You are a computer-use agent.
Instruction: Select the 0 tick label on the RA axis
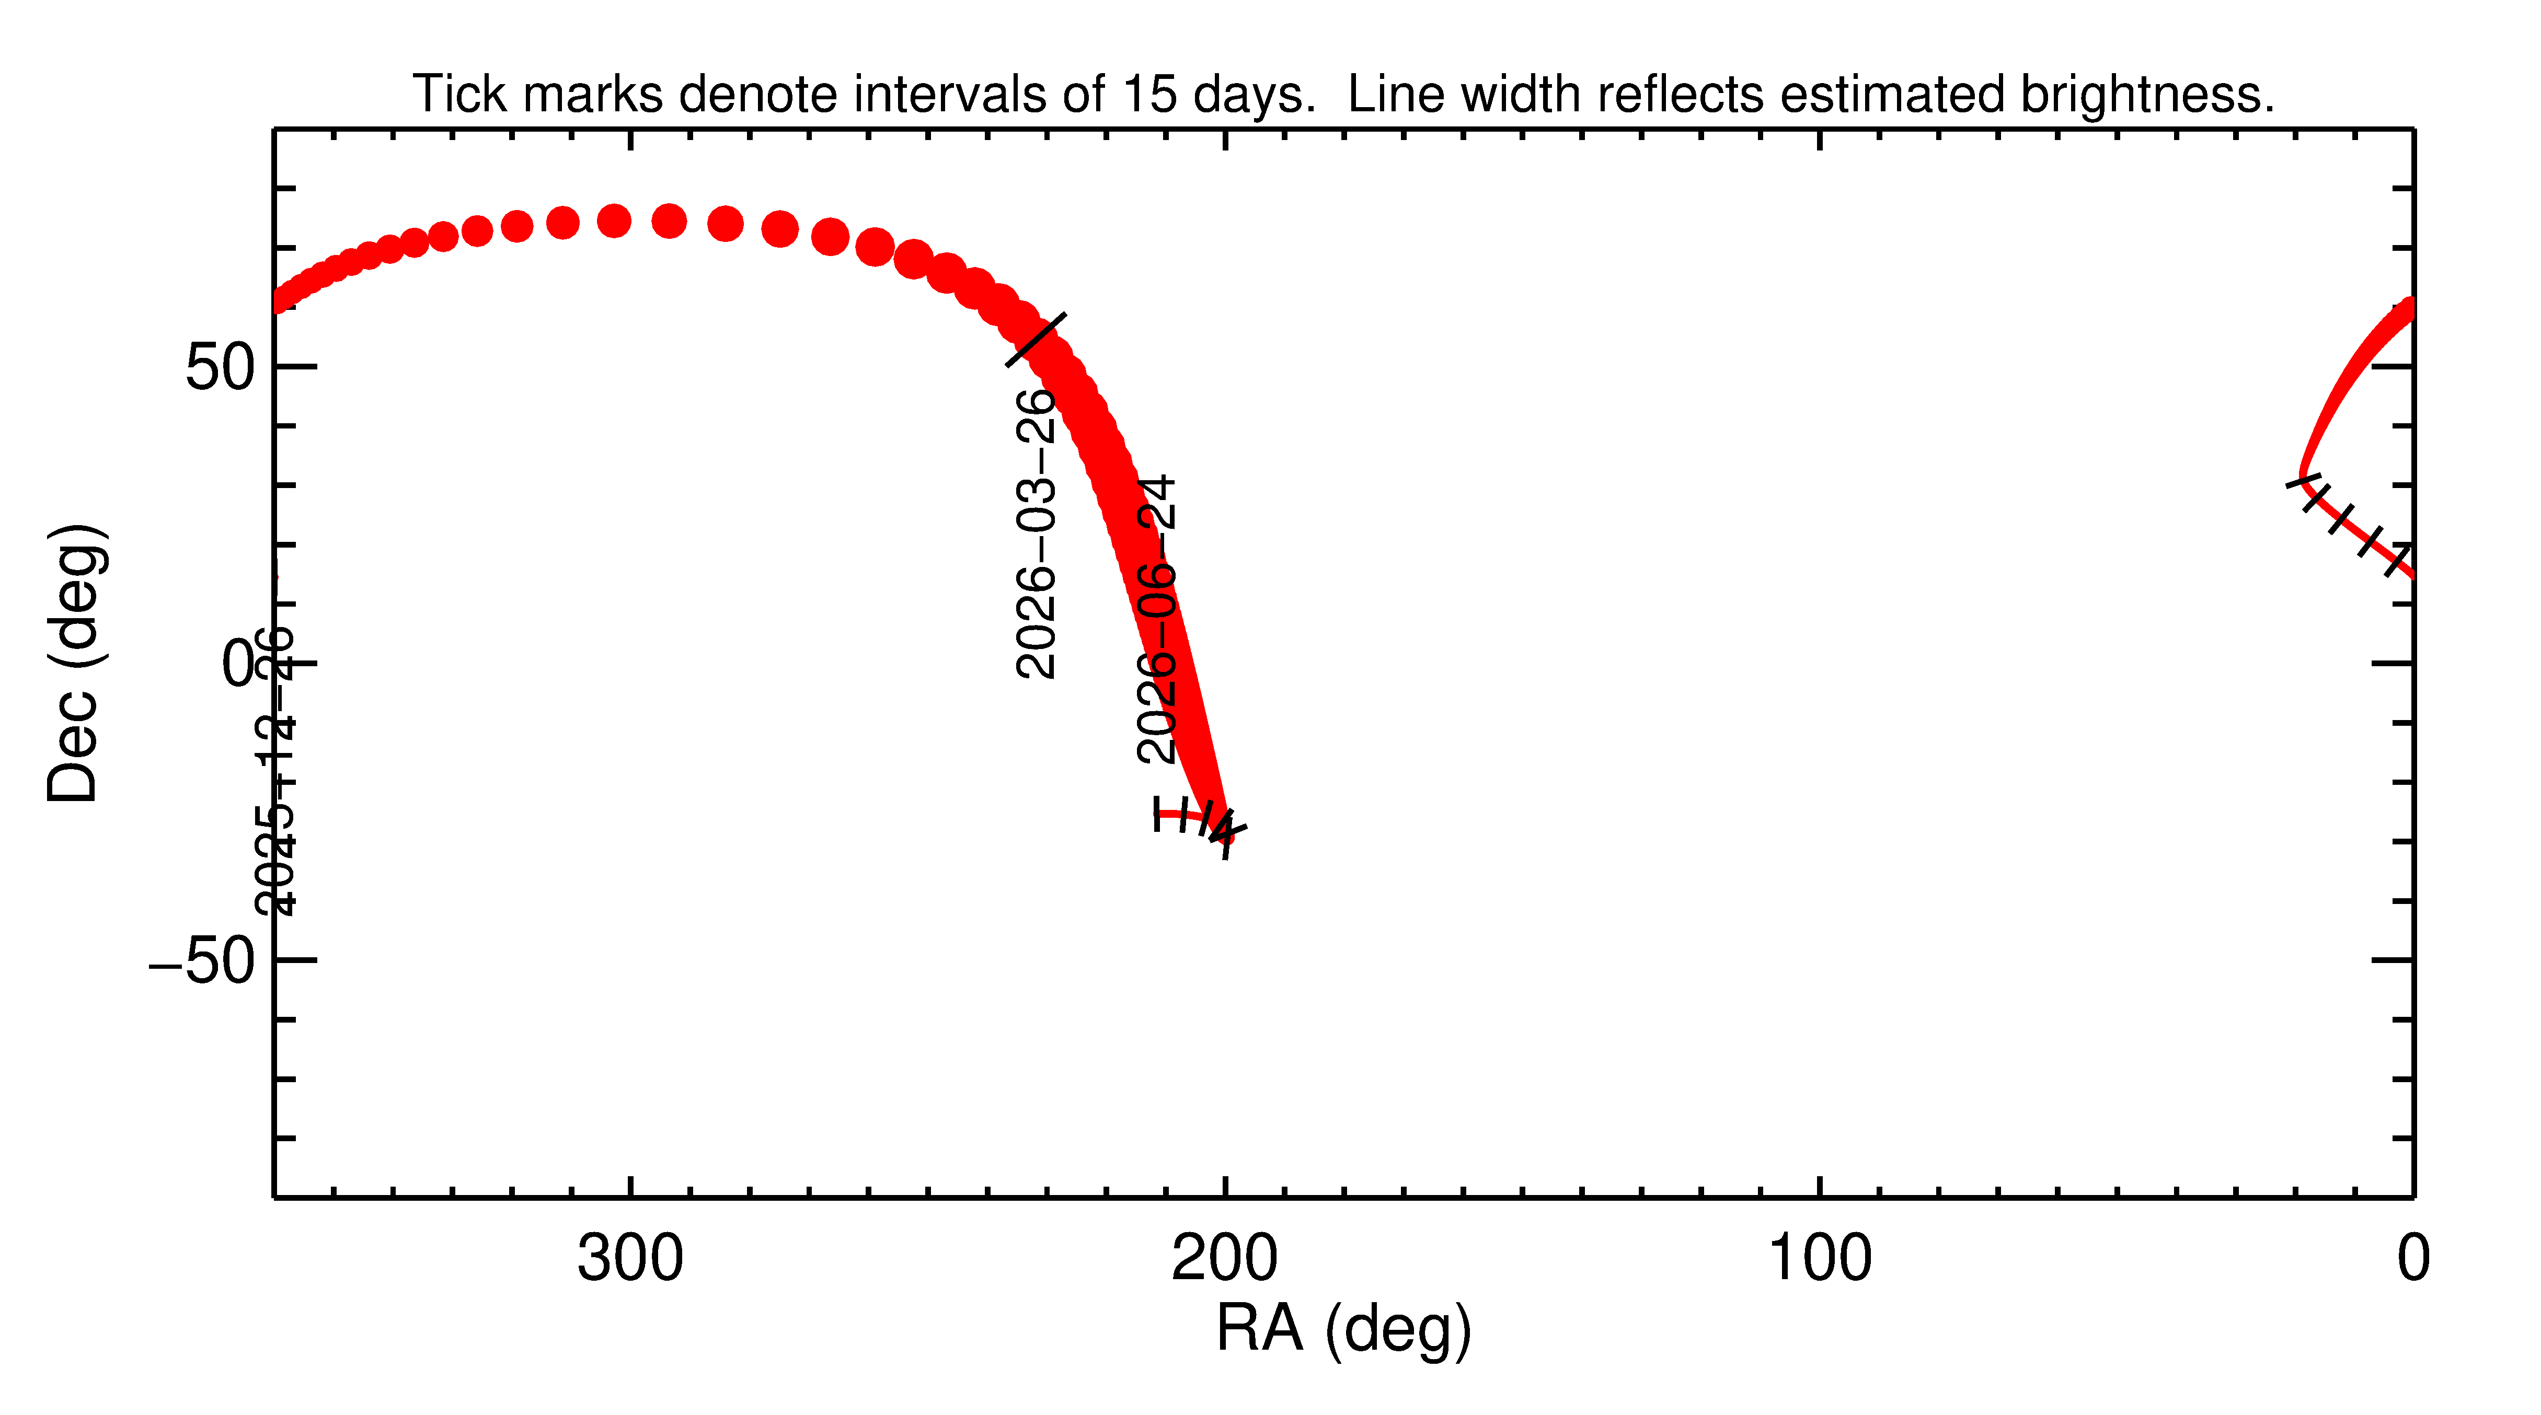[x=2413, y=1259]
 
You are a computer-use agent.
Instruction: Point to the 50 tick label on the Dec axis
[x=219, y=368]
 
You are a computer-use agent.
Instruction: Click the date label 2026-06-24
[x=1156, y=619]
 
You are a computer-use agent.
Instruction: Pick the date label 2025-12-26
[x=274, y=771]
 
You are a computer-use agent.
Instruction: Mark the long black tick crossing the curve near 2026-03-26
[x=1036, y=339]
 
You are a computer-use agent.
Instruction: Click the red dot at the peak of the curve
[x=641, y=221]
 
